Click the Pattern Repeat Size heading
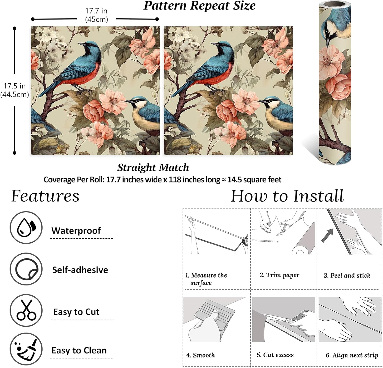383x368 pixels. click(x=199, y=6)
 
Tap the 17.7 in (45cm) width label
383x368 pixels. click(x=96, y=15)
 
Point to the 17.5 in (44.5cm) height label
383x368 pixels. click(x=15, y=90)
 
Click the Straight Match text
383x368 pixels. click(x=153, y=167)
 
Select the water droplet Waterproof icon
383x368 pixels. click(x=26, y=227)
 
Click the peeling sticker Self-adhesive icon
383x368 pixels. click(x=26, y=269)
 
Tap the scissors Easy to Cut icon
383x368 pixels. click(x=26, y=310)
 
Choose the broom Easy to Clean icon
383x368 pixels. click(x=26, y=349)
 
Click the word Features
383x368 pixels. click(x=45, y=196)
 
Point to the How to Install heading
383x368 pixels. click(x=287, y=196)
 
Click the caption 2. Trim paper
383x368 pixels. click(x=279, y=275)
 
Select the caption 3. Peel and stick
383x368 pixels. click(x=347, y=275)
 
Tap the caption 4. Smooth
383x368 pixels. click(x=200, y=355)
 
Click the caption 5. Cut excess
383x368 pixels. click(x=275, y=355)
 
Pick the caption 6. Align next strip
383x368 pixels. click(x=352, y=355)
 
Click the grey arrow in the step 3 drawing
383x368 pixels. click(x=328, y=235)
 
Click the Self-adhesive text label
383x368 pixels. click(x=80, y=270)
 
